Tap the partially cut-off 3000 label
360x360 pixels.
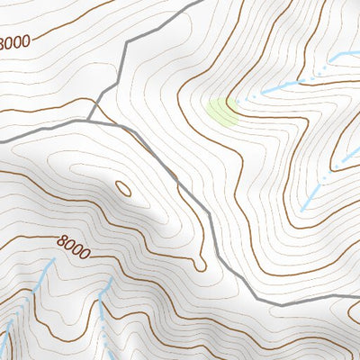pos(15,41)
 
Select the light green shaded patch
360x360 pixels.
pos(221,111)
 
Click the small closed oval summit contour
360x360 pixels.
pos(123,189)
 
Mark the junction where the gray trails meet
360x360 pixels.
pos(91,118)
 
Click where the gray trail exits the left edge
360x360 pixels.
pos(2,141)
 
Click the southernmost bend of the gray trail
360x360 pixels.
pos(274,304)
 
